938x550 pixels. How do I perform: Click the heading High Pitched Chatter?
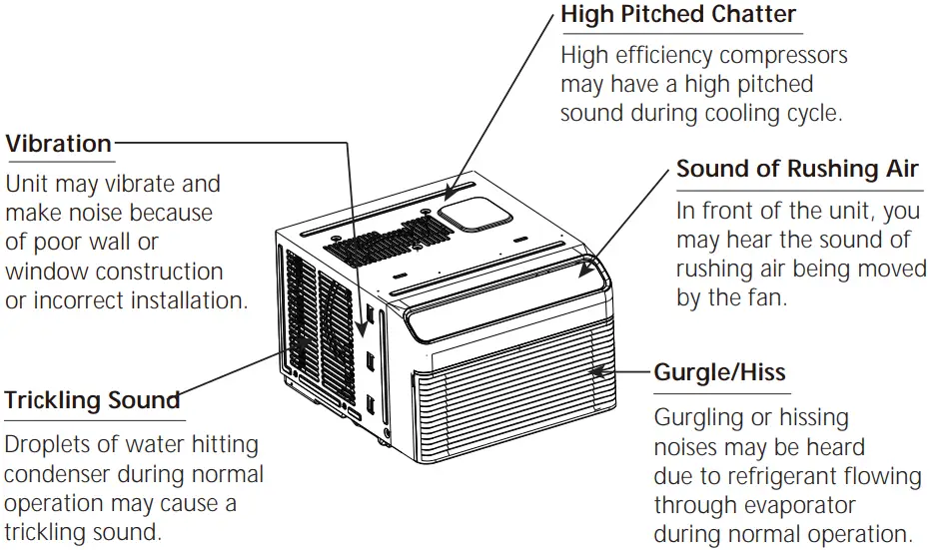click(678, 15)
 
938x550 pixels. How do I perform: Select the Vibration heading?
click(58, 144)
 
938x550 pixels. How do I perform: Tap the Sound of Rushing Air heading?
click(797, 169)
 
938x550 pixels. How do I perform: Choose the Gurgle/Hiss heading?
click(719, 373)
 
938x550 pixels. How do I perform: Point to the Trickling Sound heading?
click(92, 401)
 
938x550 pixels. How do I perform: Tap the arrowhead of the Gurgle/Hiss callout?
click(595, 372)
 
